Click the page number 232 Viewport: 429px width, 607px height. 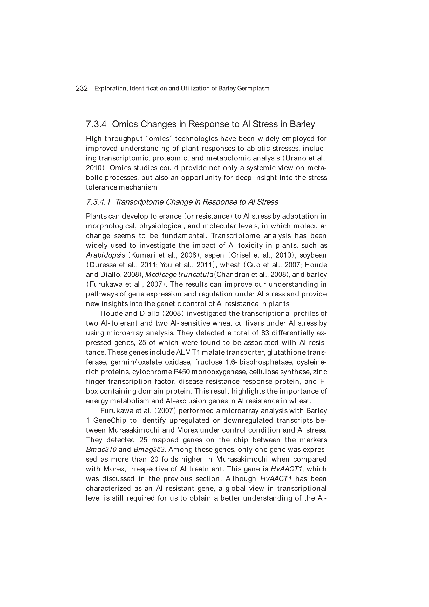pyautogui.click(x=82, y=89)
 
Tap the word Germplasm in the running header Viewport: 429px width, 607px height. pyautogui.click(x=253, y=89)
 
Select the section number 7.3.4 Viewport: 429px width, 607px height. pyautogui.click(x=96, y=124)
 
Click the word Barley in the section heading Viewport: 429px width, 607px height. pyautogui.click(x=302, y=124)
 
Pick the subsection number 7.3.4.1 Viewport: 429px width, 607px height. pyautogui.click(x=98, y=202)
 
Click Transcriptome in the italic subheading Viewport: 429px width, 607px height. pyautogui.click(x=139, y=202)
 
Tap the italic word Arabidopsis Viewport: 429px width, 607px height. pyautogui.click(x=106, y=255)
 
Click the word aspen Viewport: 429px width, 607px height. pyautogui.click(x=214, y=255)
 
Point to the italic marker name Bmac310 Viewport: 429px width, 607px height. pyautogui.click(x=101, y=450)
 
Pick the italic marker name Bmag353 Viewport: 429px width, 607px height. pyautogui.click(x=149, y=450)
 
